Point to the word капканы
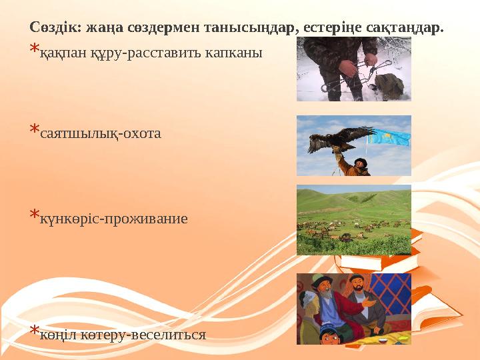239,52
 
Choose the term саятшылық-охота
101,133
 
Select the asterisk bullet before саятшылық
34,131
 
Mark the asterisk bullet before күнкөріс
34,216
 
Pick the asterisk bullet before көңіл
34,331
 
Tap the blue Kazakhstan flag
390,138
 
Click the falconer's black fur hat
360,161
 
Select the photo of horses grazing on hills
353,219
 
